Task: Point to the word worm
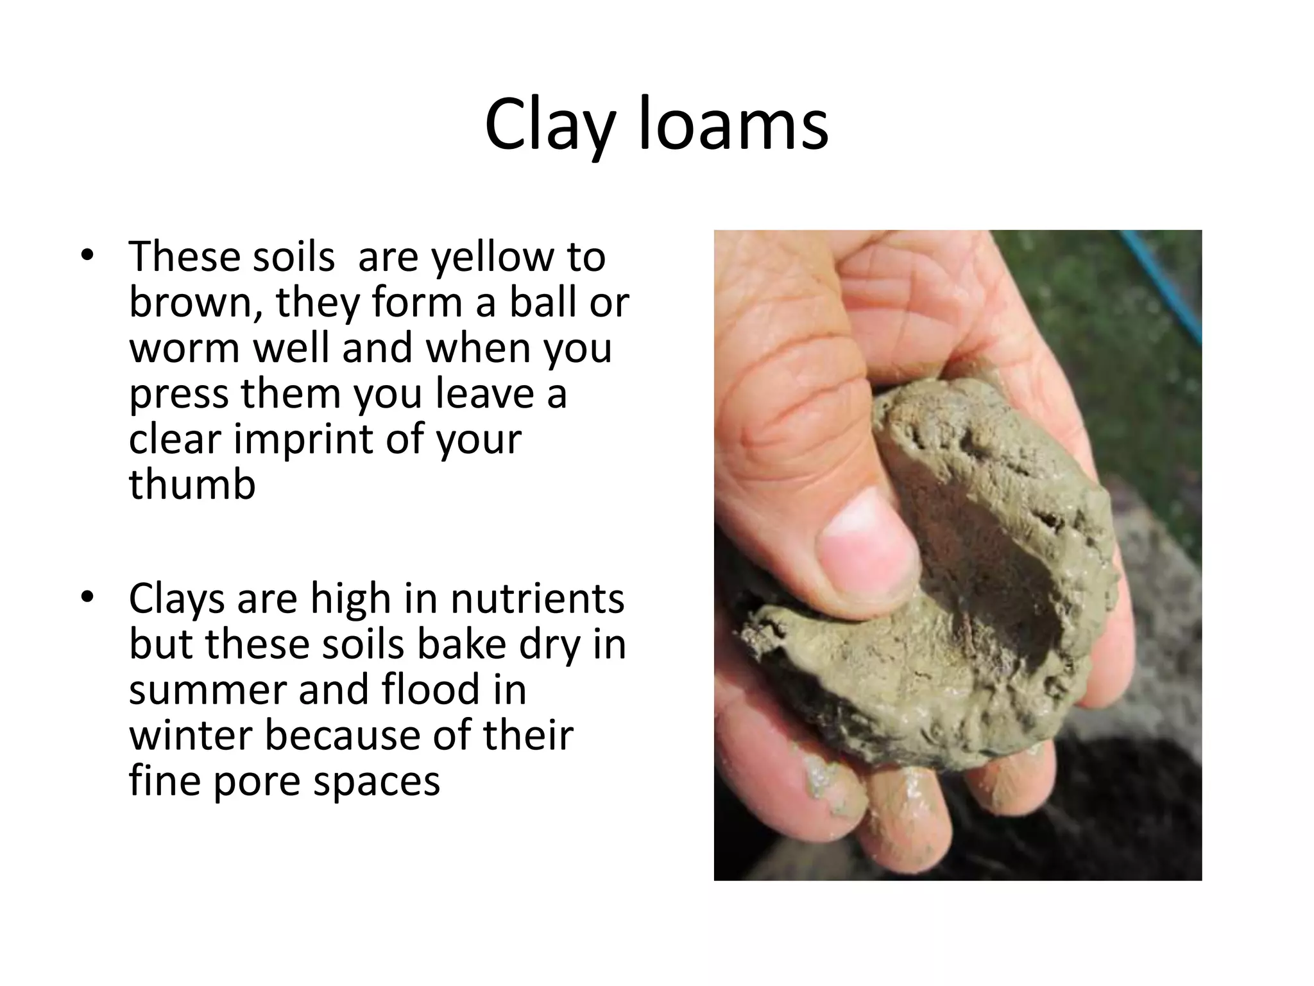(x=185, y=348)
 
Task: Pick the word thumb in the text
(x=192, y=485)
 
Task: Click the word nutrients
(x=537, y=599)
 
